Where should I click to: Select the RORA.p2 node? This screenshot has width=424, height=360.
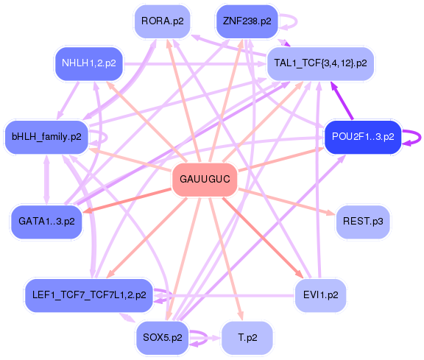point(163,21)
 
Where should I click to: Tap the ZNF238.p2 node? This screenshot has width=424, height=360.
point(247,21)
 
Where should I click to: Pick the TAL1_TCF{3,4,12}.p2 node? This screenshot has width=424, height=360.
point(320,63)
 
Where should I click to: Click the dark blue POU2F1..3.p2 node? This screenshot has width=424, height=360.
point(363,136)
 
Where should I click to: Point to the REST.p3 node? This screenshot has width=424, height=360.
point(362,221)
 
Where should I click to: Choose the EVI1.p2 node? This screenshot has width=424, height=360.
point(320,294)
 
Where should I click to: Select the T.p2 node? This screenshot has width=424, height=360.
point(247,337)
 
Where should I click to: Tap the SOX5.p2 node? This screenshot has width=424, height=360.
point(163,337)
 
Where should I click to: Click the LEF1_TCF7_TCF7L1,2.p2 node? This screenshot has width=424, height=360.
point(88,294)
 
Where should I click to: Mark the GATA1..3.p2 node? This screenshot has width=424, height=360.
point(46,221)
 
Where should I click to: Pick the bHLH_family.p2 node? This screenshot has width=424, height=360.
point(46,136)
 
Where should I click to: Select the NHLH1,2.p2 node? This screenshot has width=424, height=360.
point(88,63)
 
